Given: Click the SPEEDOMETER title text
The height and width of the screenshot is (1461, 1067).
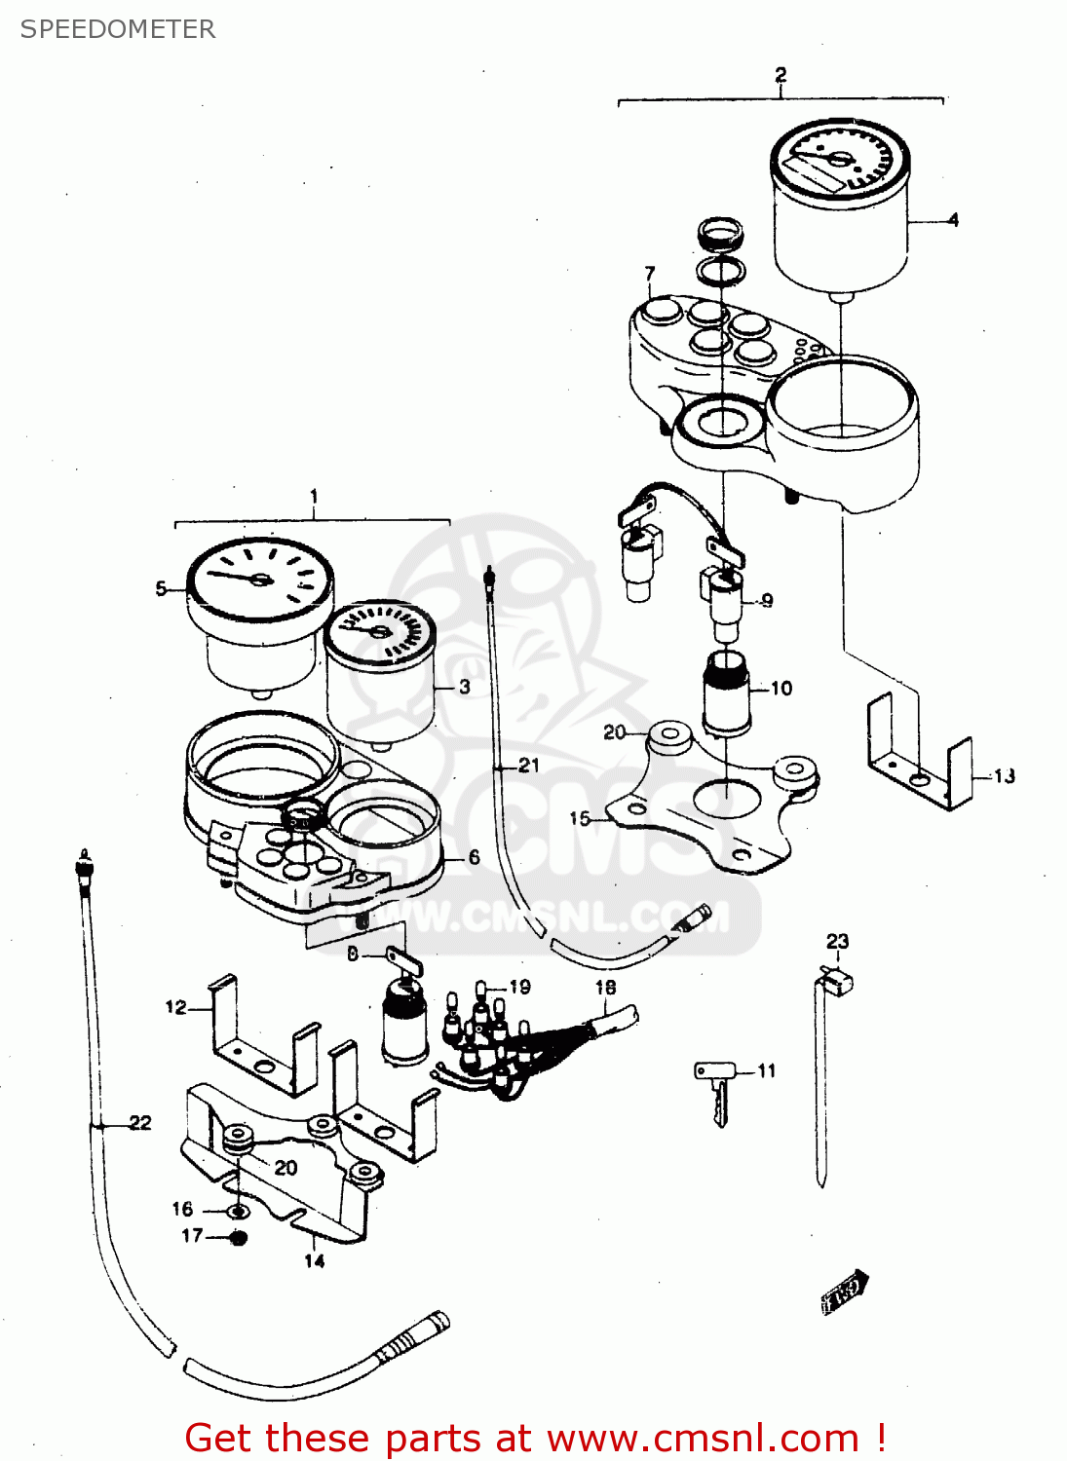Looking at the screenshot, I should click(x=118, y=29).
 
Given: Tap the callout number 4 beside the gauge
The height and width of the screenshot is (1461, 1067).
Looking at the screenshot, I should click(x=953, y=220).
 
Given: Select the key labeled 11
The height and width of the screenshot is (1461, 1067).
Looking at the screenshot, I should click(x=717, y=1089).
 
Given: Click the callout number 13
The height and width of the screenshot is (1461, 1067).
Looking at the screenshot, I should click(x=1004, y=776).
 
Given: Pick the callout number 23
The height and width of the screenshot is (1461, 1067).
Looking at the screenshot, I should click(x=837, y=941).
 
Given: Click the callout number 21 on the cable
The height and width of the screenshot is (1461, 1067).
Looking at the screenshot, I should click(x=528, y=766).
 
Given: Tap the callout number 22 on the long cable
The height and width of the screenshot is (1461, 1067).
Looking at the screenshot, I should click(x=140, y=1123).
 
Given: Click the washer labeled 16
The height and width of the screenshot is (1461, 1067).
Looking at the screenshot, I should click(x=237, y=1212).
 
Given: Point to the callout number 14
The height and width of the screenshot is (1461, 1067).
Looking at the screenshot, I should click(x=314, y=1261).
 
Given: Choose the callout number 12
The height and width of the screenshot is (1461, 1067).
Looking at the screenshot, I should click(x=175, y=1007).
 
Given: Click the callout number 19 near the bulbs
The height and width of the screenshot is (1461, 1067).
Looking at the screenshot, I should click(x=519, y=987).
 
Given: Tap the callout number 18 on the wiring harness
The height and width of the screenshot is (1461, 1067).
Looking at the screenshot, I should click(x=605, y=987).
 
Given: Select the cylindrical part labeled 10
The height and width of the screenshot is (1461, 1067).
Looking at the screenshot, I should click(x=726, y=693).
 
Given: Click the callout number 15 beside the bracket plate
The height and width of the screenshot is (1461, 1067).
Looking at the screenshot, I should click(x=580, y=818).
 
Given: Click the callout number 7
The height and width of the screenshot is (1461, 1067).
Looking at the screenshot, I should click(x=650, y=274).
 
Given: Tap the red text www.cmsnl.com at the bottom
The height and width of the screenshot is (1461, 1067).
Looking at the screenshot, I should click(x=703, y=1439).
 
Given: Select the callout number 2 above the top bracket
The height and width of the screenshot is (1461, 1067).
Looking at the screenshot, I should click(x=781, y=75).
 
